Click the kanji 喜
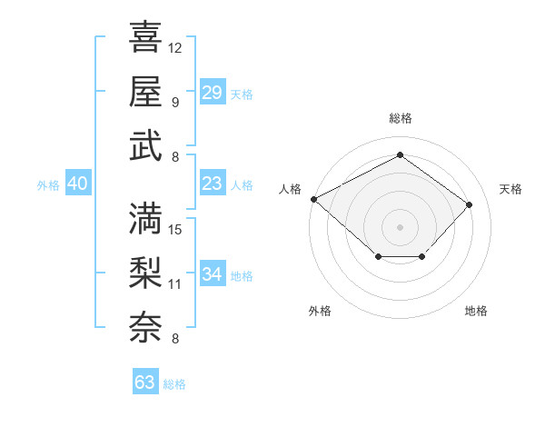pos(145,38)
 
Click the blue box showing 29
pos(212,92)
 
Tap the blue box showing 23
pos(212,184)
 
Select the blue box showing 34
pos(212,274)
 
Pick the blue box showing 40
pos(77,184)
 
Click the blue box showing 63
pos(144,382)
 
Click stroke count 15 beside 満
pos(175,229)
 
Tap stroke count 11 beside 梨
pos(175,283)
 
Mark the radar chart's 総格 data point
pos(400,154)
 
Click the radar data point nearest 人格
pos(313,198)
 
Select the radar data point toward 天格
pos(469,204)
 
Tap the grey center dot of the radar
pos(400,226)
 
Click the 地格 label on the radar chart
pos(476,311)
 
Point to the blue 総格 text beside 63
pos(174,384)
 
